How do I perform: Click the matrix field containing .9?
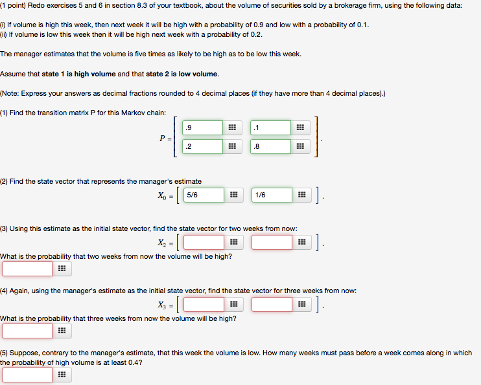pyautogui.click(x=203, y=127)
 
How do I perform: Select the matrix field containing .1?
pyautogui.click(x=271, y=127)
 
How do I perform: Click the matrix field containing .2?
pyautogui.click(x=203, y=146)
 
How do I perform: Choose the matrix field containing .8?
pyautogui.click(x=271, y=146)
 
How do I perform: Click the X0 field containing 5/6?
pyautogui.click(x=204, y=194)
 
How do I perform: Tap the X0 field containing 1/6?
pyautogui.click(x=272, y=194)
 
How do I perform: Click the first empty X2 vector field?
pyautogui.click(x=204, y=243)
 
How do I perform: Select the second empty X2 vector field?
pyautogui.click(x=272, y=243)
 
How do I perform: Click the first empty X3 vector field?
pyautogui.click(x=204, y=304)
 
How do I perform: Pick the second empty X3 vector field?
pyautogui.click(x=272, y=304)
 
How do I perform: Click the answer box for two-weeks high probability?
pyautogui.click(x=27, y=269)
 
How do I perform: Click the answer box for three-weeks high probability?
pyautogui.click(x=27, y=331)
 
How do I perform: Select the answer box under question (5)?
pyautogui.click(x=27, y=375)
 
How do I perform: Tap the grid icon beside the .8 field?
pyautogui.click(x=300, y=146)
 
